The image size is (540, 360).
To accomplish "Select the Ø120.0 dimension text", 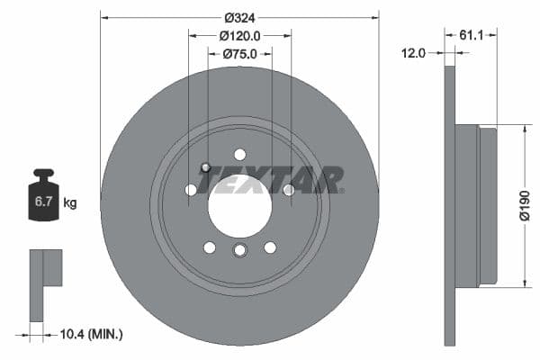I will (x=239, y=36).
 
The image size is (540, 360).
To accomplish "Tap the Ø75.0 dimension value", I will (x=239, y=54).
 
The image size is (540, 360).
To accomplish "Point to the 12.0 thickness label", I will (x=413, y=53).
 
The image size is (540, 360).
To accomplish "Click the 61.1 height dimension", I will (x=472, y=35).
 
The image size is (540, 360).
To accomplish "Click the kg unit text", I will (x=70, y=202).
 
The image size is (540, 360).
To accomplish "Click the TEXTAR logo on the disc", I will (x=270, y=180).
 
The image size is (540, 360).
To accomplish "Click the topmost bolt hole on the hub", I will (x=239, y=154).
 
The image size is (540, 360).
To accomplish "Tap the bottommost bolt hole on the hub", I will (x=239, y=251).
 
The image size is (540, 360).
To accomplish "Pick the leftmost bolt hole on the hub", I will (x=191, y=190).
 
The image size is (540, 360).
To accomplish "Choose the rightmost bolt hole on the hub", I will (x=289, y=190).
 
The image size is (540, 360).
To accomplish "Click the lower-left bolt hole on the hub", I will (x=209, y=247).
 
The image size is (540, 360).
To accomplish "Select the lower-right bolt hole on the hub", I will (x=270, y=247).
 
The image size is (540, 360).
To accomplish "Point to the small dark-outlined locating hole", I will (x=206, y=166).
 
